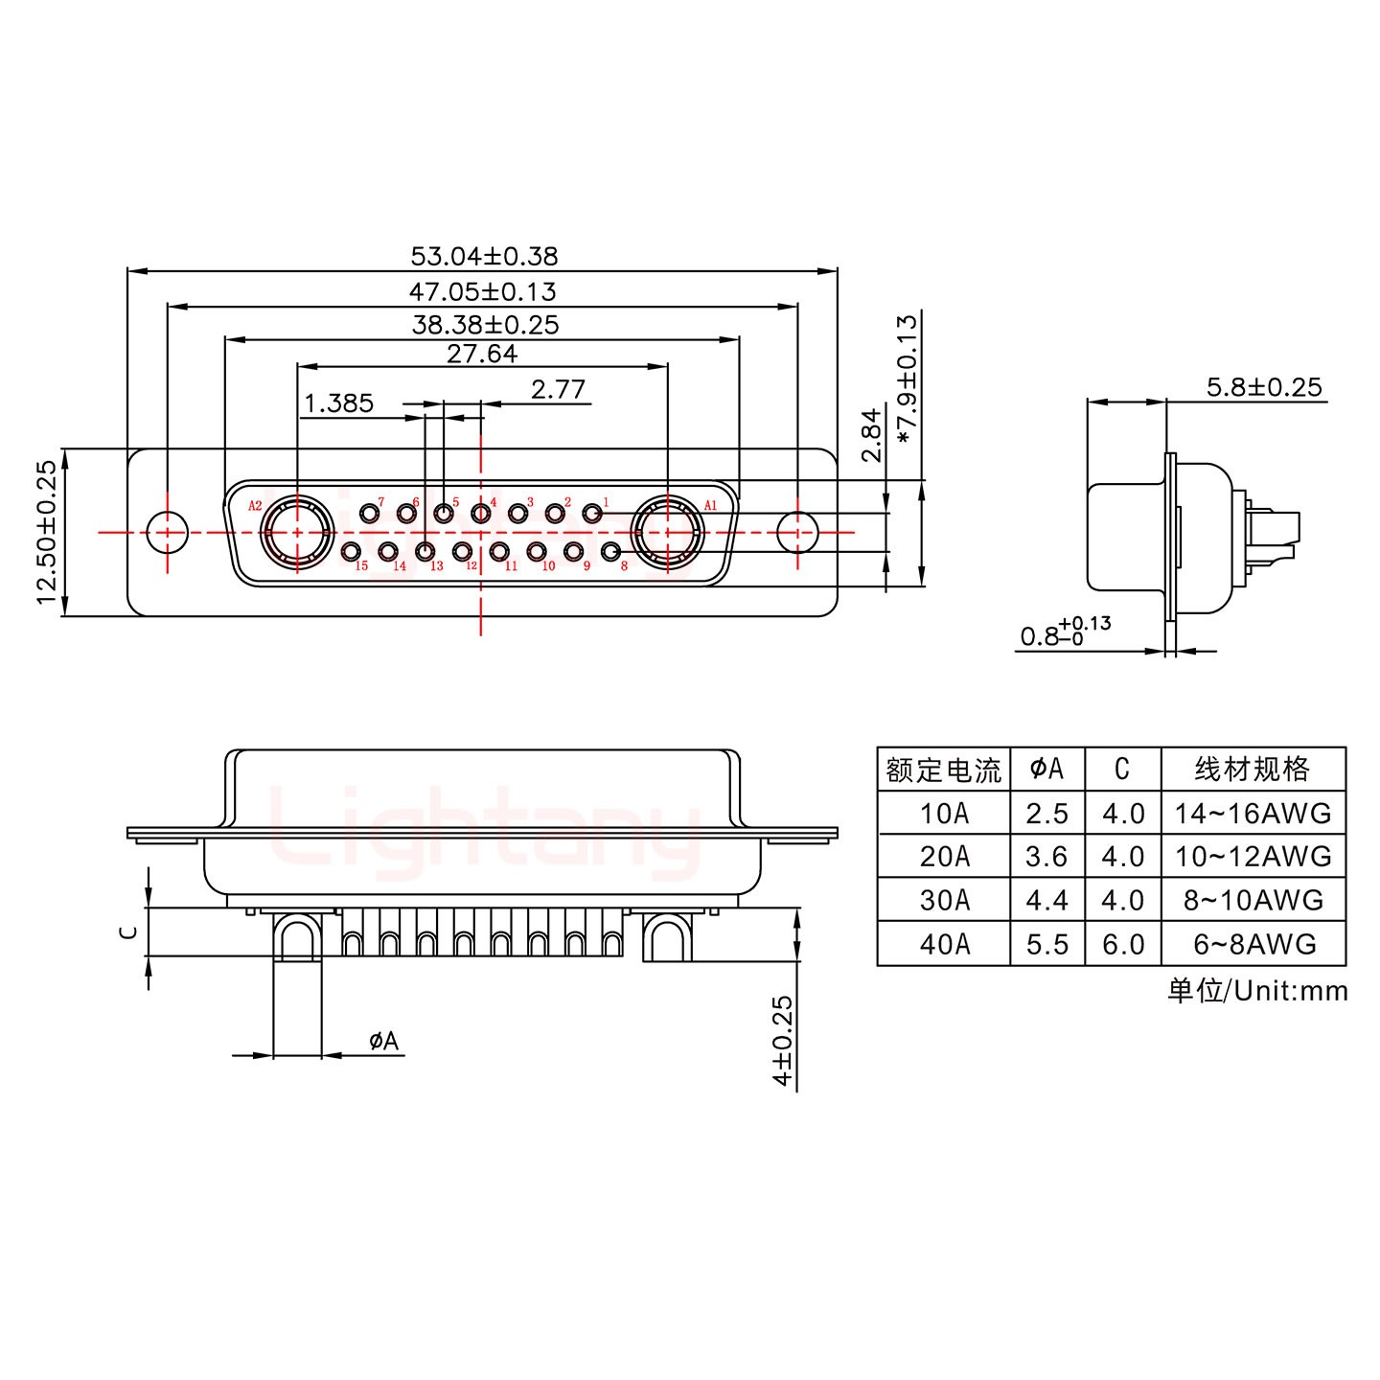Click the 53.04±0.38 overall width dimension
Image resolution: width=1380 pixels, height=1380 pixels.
[x=483, y=256]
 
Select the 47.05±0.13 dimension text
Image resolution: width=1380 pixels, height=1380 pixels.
[x=483, y=290]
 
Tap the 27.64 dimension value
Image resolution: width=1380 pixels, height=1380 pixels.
[x=482, y=354]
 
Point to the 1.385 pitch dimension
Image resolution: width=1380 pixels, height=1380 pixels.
[x=338, y=402]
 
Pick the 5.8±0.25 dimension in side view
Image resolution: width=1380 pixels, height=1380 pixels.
[x=1263, y=387]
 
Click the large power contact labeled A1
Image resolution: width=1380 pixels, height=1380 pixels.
[x=668, y=530]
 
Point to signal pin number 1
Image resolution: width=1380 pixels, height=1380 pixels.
[x=592, y=513]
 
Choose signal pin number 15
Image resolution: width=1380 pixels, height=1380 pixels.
[x=352, y=551]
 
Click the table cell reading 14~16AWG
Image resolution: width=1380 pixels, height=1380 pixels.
[x=1253, y=813]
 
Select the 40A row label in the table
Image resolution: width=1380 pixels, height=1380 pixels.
[x=944, y=944]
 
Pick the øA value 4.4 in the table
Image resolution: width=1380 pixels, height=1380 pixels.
[x=1046, y=900]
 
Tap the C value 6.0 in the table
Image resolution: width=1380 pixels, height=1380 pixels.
[x=1122, y=944]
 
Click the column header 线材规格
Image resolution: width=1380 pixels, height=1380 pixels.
[x=1253, y=769]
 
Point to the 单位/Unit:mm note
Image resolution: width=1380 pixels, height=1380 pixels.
[x=1256, y=990]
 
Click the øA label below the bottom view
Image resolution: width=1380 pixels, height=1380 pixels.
[x=383, y=1040]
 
